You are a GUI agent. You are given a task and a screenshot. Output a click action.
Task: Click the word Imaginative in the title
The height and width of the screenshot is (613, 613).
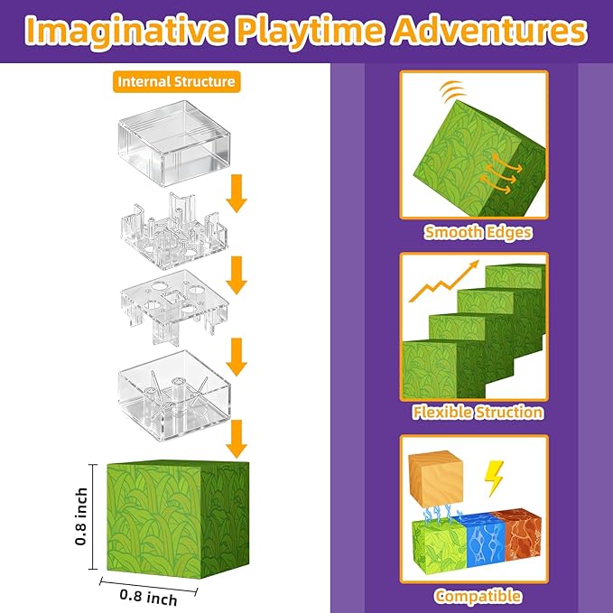127,33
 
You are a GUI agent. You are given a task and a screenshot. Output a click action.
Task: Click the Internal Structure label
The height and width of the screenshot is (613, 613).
177,82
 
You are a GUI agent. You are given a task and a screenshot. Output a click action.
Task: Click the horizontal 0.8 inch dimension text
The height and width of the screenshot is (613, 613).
148,598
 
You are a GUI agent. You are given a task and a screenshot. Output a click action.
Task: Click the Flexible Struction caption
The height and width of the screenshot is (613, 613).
478,412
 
